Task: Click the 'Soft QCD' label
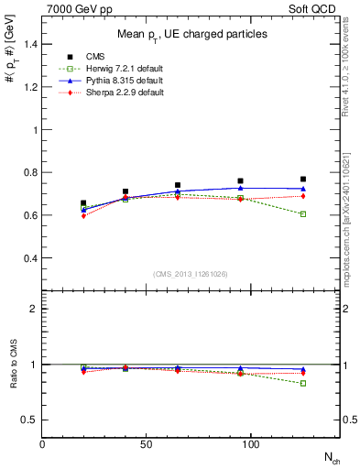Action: (x=316, y=7)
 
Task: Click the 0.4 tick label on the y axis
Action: (x=29, y=258)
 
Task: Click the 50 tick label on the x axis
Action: (x=146, y=443)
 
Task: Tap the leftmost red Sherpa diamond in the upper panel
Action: (x=83, y=215)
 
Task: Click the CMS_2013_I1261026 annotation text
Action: (x=191, y=274)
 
